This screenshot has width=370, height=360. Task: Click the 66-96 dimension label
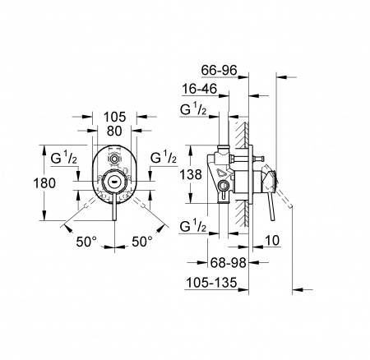[x=219, y=71]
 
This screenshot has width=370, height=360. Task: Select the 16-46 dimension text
[x=200, y=89]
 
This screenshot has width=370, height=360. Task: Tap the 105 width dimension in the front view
[x=114, y=117]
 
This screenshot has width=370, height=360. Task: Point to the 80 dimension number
[x=114, y=131]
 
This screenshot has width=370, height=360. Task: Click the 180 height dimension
[x=44, y=183]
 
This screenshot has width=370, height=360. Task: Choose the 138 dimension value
[x=191, y=174]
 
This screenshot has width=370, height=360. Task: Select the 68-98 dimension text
[x=229, y=263]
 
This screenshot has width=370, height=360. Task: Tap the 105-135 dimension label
[x=211, y=283]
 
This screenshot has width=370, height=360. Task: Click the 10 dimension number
[x=272, y=241]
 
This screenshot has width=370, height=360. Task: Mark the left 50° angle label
[x=86, y=242]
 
